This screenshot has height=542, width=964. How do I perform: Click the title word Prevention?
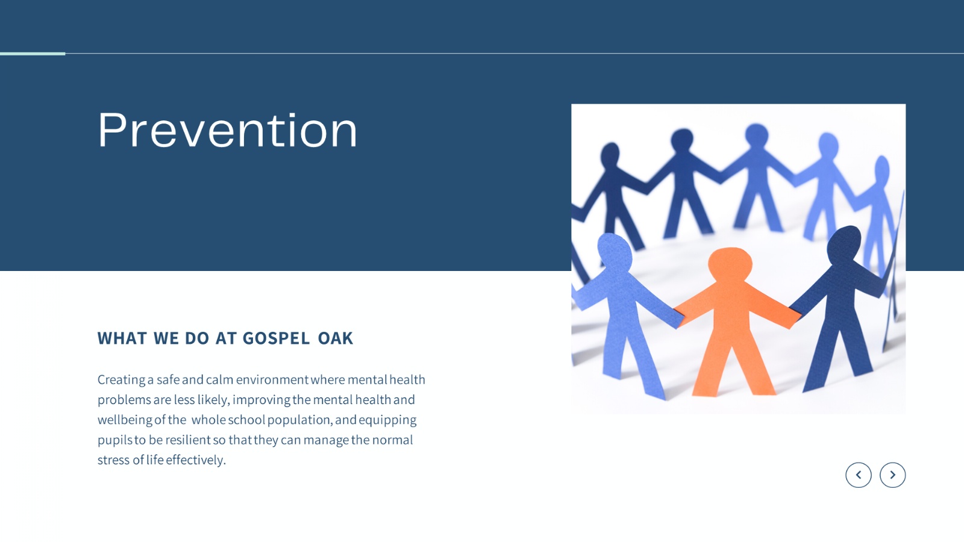227,129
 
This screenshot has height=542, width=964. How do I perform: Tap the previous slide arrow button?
858,475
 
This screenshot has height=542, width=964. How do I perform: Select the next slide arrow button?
892,475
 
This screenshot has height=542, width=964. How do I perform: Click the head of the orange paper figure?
730,264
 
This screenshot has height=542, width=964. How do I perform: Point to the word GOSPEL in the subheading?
276,338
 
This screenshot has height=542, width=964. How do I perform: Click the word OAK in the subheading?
335,338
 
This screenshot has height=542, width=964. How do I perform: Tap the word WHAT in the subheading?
122,338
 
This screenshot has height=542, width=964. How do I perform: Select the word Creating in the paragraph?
121,380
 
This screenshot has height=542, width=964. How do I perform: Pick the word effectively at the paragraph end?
196,460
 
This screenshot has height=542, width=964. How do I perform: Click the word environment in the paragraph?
272,380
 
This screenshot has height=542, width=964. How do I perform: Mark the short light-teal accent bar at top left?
33,54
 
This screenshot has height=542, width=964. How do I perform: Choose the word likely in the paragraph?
213,400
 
